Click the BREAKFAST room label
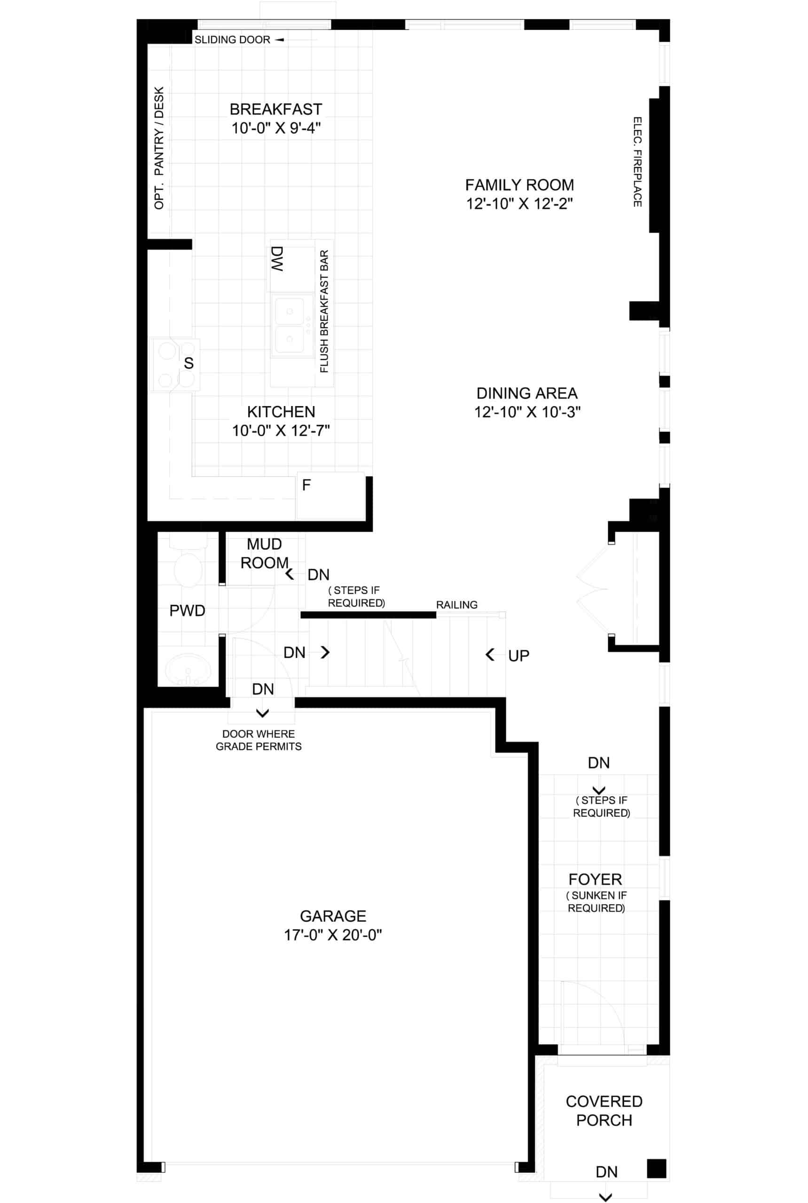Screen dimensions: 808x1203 point(276,109)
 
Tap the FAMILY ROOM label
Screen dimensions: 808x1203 point(519,185)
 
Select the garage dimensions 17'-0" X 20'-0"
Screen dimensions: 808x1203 point(333,935)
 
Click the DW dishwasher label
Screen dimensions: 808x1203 point(277,258)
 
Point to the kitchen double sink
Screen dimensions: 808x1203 point(292,325)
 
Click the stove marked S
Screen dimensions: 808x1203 point(174,364)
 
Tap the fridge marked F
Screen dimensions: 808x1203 point(330,495)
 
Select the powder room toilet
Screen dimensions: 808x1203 point(188,562)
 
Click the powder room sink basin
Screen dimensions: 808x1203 point(188,669)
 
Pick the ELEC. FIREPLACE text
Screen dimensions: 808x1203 point(637,162)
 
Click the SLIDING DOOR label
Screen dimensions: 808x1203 point(232,39)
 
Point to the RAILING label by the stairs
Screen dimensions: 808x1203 point(456,605)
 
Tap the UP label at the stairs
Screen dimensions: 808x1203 point(518,656)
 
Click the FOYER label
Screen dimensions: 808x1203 point(595,879)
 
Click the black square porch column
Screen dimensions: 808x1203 point(657,1169)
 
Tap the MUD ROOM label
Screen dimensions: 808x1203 point(264,553)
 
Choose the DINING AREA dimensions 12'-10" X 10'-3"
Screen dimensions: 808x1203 point(527,412)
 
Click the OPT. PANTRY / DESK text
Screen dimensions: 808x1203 point(159,148)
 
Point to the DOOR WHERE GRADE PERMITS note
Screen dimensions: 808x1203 point(259,740)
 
